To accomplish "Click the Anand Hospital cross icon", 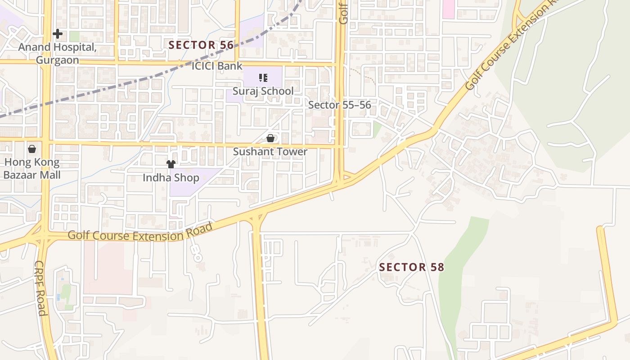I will [58, 34].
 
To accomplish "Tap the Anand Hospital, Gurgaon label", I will [57, 54].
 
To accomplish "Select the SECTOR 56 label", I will [201, 45].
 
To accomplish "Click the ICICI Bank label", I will [217, 66].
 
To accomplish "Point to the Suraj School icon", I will [263, 78].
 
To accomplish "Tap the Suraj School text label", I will [263, 91].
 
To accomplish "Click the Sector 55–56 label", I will [340, 105].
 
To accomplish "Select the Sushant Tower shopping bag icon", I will [270, 138].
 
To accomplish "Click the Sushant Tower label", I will [270, 152].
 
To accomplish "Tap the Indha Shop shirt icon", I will [171, 164].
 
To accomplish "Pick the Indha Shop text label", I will [171, 178].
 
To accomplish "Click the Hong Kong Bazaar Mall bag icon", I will [32, 148].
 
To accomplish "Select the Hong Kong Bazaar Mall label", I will [32, 168].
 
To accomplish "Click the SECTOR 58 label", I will [411, 267].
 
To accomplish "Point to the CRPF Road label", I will [40, 288].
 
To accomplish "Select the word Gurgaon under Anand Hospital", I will [57, 60].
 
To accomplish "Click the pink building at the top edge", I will [448, 9].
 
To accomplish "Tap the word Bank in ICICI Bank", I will [229, 66].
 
